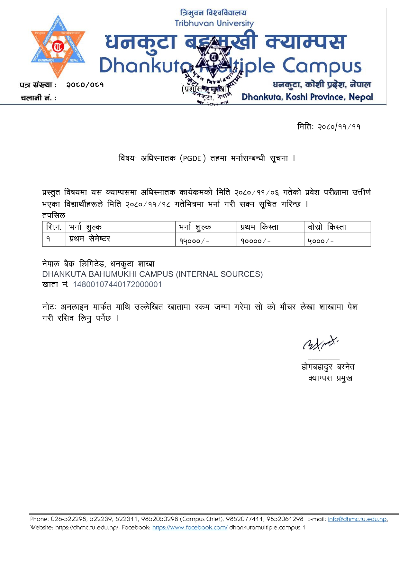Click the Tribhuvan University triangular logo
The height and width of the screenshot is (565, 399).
(x=58, y=47)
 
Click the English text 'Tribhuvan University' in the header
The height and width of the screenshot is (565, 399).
(x=214, y=24)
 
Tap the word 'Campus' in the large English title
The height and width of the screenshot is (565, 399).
(x=322, y=66)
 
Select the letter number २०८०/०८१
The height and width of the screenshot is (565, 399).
(x=85, y=85)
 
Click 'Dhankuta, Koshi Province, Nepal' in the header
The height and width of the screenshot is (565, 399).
(x=307, y=97)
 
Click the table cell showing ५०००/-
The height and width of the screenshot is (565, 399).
(x=321, y=241)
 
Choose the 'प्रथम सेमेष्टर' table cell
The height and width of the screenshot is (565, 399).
(x=90, y=239)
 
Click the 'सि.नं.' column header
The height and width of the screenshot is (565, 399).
(x=54, y=227)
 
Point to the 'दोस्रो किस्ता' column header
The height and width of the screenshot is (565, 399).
(x=327, y=227)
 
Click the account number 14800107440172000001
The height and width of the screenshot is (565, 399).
(x=117, y=285)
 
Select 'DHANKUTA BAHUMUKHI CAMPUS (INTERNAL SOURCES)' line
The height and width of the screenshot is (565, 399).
(x=152, y=274)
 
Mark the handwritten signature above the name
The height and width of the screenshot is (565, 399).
(x=320, y=344)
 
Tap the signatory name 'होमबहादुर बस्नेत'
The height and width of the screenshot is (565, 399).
(x=328, y=367)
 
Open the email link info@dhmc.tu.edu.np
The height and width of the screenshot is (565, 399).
(x=357, y=519)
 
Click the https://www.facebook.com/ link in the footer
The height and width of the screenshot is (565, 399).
(x=190, y=528)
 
